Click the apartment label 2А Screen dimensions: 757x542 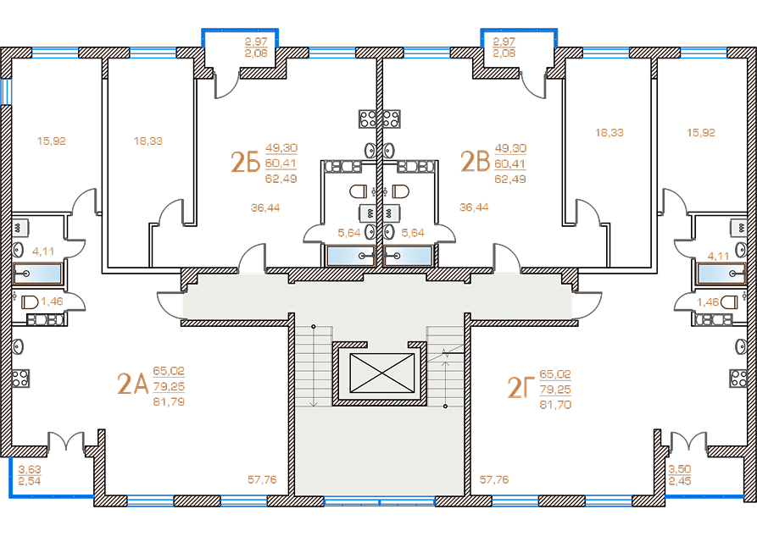(132, 384)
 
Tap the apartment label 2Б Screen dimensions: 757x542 (245, 162)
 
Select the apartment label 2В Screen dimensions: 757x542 (475, 161)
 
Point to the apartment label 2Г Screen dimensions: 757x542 (520, 387)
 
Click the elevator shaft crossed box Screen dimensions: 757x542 (381, 373)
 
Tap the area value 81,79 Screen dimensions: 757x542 (169, 401)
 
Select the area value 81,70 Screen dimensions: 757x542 (555, 405)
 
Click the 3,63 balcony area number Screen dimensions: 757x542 (30, 469)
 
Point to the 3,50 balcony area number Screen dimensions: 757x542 (680, 468)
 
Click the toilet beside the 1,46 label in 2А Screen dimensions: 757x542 (30, 302)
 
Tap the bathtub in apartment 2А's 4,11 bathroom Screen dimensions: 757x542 (37, 274)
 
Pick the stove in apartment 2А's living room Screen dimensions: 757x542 (20, 379)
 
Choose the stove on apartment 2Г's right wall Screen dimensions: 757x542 (738, 378)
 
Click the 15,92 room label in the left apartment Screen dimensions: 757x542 (51, 141)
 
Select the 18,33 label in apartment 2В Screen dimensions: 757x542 (609, 133)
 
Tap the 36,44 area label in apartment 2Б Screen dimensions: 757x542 (265, 207)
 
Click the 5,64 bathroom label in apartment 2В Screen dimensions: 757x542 (413, 233)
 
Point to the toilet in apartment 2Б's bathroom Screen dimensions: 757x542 (359, 191)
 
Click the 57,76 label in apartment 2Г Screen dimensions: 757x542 (494, 480)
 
